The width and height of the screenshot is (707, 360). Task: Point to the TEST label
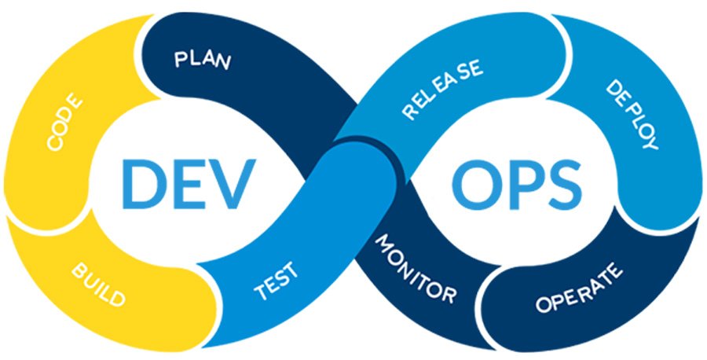(276, 283)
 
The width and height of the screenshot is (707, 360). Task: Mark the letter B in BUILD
(79, 270)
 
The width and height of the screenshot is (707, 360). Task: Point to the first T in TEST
(260, 294)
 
